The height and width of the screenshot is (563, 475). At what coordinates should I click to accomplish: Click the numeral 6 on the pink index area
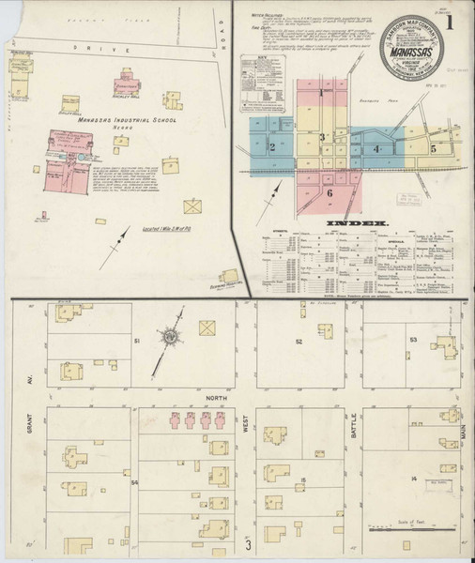click(330, 192)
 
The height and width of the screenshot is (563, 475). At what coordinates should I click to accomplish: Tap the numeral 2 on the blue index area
click(271, 147)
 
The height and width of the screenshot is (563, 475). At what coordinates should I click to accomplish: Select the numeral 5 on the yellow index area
click(434, 148)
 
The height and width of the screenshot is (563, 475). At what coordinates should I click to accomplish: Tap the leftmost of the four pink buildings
click(175, 423)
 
